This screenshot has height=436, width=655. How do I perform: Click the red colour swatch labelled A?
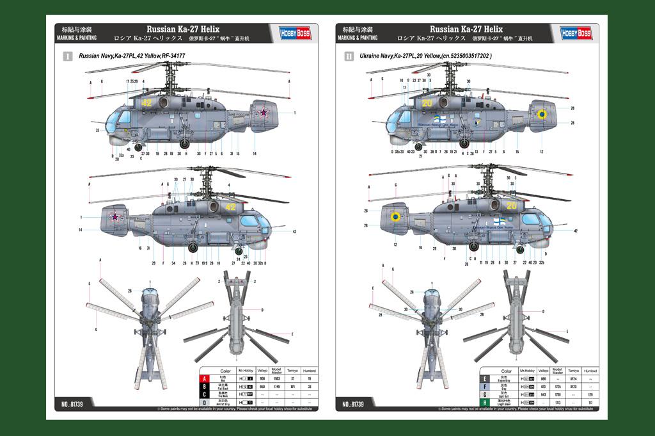(205, 379)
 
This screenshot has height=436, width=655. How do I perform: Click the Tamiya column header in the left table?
(293, 371)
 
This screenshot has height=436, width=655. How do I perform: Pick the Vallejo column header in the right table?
(543, 371)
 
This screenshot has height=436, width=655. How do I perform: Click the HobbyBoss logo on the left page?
(295, 33)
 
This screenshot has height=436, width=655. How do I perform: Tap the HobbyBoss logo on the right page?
(576, 33)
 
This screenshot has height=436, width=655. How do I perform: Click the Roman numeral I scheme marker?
(67, 56)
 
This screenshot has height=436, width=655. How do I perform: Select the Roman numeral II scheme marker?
(349, 56)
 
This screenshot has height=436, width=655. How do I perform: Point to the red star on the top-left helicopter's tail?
(263, 113)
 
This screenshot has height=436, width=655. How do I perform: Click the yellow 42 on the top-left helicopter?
(146, 102)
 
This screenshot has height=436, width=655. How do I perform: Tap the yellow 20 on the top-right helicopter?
(427, 102)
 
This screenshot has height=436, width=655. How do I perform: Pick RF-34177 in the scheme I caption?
(173, 56)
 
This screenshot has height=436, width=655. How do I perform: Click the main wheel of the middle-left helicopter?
(193, 246)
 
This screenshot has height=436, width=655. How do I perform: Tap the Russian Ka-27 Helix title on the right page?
(466, 29)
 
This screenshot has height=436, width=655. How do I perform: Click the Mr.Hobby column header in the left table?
(246, 371)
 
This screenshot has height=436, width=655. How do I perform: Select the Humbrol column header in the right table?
(590, 371)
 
